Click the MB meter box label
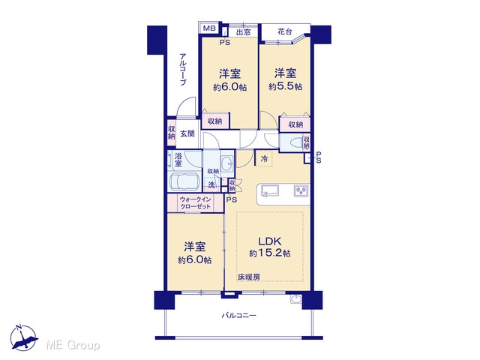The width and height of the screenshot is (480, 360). [210, 28]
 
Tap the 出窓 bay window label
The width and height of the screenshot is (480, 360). [243, 31]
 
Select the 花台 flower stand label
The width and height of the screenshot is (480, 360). [285, 31]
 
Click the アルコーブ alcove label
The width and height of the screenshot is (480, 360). [183, 70]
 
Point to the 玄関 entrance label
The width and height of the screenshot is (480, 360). [187, 133]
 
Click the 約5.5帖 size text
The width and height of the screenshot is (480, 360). [285, 87]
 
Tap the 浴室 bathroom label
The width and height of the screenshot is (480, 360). [178, 160]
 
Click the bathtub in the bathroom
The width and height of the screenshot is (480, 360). [184, 182]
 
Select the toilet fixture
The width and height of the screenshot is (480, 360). [295, 143]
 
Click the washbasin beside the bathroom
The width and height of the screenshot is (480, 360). [226, 163]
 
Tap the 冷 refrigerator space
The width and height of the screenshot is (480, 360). [264, 158]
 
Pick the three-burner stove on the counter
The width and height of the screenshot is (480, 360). [301, 190]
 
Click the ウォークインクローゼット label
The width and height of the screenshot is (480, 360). [195, 203]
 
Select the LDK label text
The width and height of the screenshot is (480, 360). [270, 241]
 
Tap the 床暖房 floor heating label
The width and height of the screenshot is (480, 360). [249, 277]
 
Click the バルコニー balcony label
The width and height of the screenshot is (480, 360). [238, 315]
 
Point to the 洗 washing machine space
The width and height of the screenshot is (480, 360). [211, 185]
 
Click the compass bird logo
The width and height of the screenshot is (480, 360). [24, 337]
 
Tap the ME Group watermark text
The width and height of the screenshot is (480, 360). [73, 345]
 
